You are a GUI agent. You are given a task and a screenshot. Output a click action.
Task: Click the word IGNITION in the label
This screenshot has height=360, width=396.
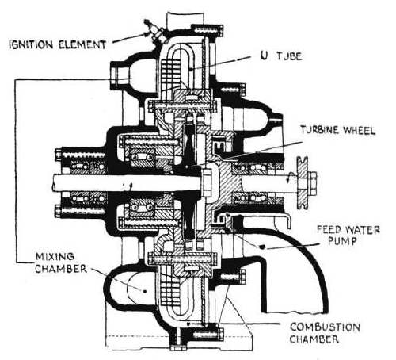32,45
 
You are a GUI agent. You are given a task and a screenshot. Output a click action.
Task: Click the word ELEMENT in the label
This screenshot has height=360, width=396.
82,44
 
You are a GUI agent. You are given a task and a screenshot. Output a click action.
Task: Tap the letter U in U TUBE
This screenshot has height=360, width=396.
264,56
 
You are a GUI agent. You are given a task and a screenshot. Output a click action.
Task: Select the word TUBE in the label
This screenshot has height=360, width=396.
289,56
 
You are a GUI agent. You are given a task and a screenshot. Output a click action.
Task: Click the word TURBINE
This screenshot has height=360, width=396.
320,130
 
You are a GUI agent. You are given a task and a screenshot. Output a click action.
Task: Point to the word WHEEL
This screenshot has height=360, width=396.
358,130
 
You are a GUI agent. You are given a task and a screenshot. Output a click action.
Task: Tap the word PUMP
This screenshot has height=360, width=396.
342,241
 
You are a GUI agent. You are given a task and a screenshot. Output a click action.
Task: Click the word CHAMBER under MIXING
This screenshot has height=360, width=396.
61,269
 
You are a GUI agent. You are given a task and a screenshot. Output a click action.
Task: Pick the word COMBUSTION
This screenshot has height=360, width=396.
325,327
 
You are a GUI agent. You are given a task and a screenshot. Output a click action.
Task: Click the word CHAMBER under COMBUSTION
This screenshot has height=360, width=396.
314,339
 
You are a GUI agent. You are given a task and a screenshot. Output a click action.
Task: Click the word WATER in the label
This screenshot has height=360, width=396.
362,229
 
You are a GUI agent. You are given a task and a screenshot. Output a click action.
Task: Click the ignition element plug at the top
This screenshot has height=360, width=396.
156,33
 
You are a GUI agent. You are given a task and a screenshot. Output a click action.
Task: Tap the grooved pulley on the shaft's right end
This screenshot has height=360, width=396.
303,183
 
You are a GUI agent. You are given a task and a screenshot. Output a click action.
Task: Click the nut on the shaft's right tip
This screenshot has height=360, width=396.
313,183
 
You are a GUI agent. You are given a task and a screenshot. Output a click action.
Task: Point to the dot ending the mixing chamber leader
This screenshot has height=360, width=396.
145,291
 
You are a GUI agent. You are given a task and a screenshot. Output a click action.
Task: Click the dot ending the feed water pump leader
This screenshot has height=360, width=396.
263,247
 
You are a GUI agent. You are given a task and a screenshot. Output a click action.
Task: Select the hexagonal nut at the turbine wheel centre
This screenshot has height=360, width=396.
207,183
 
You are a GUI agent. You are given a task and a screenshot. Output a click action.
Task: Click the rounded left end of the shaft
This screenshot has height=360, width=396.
55,183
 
